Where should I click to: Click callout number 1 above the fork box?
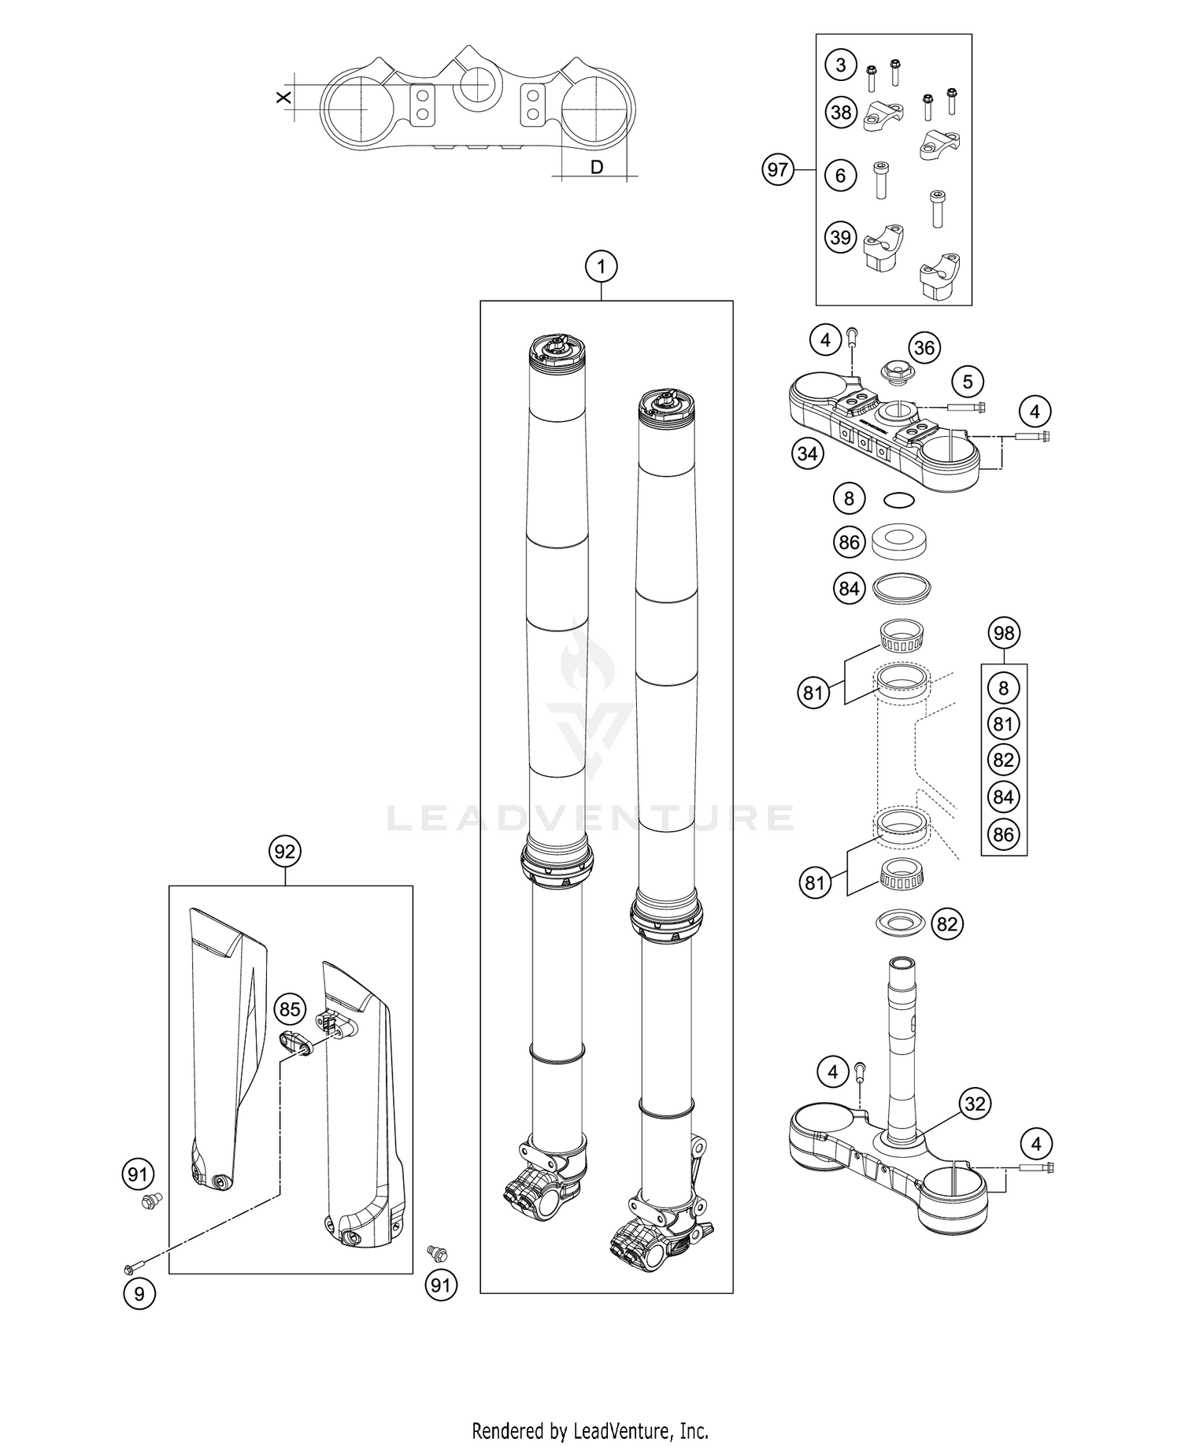pos(602,267)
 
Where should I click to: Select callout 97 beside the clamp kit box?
pos(778,170)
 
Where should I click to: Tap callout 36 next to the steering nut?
pos(924,347)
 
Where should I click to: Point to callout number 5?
pos(968,383)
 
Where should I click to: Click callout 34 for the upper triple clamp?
pos(808,453)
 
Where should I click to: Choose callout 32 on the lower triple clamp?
pos(975,1104)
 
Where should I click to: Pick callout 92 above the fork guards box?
pos(285,852)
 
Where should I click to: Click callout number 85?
pos(290,1009)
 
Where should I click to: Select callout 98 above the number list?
pos(1004,633)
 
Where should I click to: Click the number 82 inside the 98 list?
pos(1003,760)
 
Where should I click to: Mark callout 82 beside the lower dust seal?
pos(947,923)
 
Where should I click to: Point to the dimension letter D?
pos(597,167)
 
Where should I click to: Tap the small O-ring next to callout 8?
pos(898,499)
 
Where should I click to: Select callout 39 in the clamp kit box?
pos(841,237)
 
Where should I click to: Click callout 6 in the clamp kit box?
pos(841,175)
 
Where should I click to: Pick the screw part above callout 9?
pos(131,1267)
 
